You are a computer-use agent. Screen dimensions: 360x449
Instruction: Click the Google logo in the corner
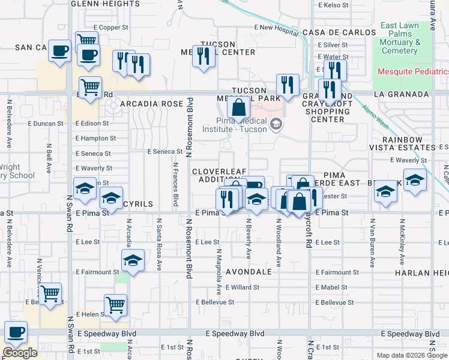click(x=20, y=353)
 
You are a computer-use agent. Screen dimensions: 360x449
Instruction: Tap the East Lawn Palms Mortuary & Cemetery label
click(x=407, y=38)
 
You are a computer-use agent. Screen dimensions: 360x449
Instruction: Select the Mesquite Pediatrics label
click(x=413, y=71)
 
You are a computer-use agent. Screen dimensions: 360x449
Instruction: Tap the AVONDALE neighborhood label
click(x=249, y=272)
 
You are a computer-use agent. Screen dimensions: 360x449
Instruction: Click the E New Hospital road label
click(x=276, y=28)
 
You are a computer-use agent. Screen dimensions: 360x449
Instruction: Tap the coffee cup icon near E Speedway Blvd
click(x=16, y=332)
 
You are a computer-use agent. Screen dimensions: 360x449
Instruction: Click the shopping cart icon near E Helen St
click(x=115, y=304)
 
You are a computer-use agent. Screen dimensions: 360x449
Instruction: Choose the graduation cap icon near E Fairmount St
click(x=133, y=260)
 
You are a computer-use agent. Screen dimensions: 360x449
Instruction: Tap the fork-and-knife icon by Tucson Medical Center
click(x=203, y=56)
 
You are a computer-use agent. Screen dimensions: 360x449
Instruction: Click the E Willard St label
click(x=242, y=287)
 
